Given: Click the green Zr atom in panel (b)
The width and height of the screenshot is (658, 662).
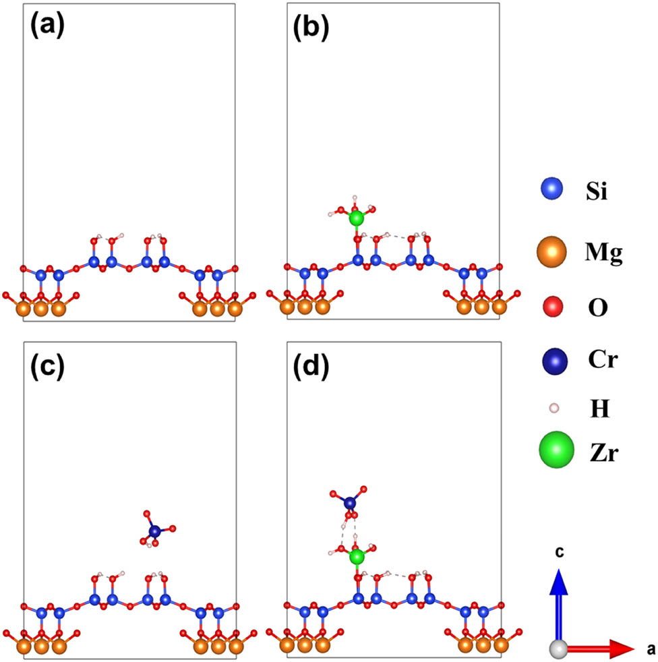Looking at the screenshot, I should coord(357,218).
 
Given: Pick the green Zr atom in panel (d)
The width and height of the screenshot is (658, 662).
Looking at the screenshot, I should coord(357,557).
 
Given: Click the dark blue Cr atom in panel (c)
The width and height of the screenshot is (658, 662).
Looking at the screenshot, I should coord(155,531).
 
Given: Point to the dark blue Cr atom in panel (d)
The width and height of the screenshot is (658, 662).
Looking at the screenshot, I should coord(349,502).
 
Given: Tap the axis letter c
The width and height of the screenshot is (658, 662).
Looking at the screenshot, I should coord(559,554).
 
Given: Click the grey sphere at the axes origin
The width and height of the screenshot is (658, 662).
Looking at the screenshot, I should coord(558,649).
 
